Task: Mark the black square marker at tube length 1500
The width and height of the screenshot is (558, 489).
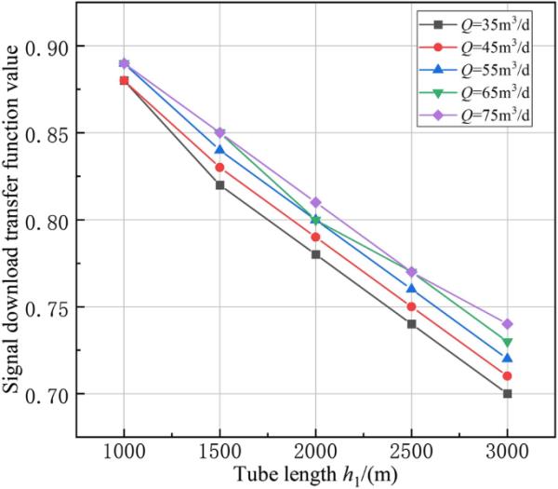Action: pyautogui.click(x=219, y=185)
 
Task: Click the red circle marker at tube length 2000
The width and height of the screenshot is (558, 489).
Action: pyautogui.click(x=315, y=238)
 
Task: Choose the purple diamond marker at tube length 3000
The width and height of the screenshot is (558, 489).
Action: pyautogui.click(x=507, y=324)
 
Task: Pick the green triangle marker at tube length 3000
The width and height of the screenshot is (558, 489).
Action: pyautogui.click(x=507, y=342)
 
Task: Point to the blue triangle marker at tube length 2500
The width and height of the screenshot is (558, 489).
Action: pyautogui.click(x=411, y=289)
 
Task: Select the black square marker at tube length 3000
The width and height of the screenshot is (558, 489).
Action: pyautogui.click(x=507, y=394)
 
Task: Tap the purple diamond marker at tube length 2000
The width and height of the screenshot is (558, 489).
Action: pyautogui.click(x=315, y=202)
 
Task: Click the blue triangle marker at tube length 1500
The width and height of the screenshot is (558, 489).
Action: pyautogui.click(x=219, y=150)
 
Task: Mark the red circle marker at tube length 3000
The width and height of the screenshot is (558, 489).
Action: pyautogui.click(x=507, y=376)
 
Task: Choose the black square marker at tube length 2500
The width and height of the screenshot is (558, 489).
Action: pyautogui.click(x=411, y=324)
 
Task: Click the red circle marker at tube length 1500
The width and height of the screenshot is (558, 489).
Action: pyautogui.click(x=219, y=168)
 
